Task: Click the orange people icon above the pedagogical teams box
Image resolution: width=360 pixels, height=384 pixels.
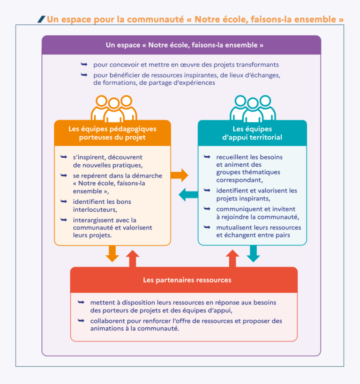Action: pos(113,108)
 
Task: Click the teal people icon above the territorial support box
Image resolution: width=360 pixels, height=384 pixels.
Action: pos(253,108)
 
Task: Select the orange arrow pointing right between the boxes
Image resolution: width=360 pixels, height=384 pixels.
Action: pos(179,176)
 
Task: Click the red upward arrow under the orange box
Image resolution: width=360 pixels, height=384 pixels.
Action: pos(133,258)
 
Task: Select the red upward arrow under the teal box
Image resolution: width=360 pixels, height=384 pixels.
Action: pos(231,258)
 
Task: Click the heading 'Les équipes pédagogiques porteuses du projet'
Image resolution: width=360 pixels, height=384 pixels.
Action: pos(112,133)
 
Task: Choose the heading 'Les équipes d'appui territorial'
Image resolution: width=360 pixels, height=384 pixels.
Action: pos(252,133)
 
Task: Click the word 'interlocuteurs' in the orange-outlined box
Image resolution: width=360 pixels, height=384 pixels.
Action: pos(94,209)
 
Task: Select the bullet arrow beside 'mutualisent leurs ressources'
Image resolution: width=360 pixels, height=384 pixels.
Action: pos(207,227)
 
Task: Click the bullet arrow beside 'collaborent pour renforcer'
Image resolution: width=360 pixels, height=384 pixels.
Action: pos(81,320)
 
